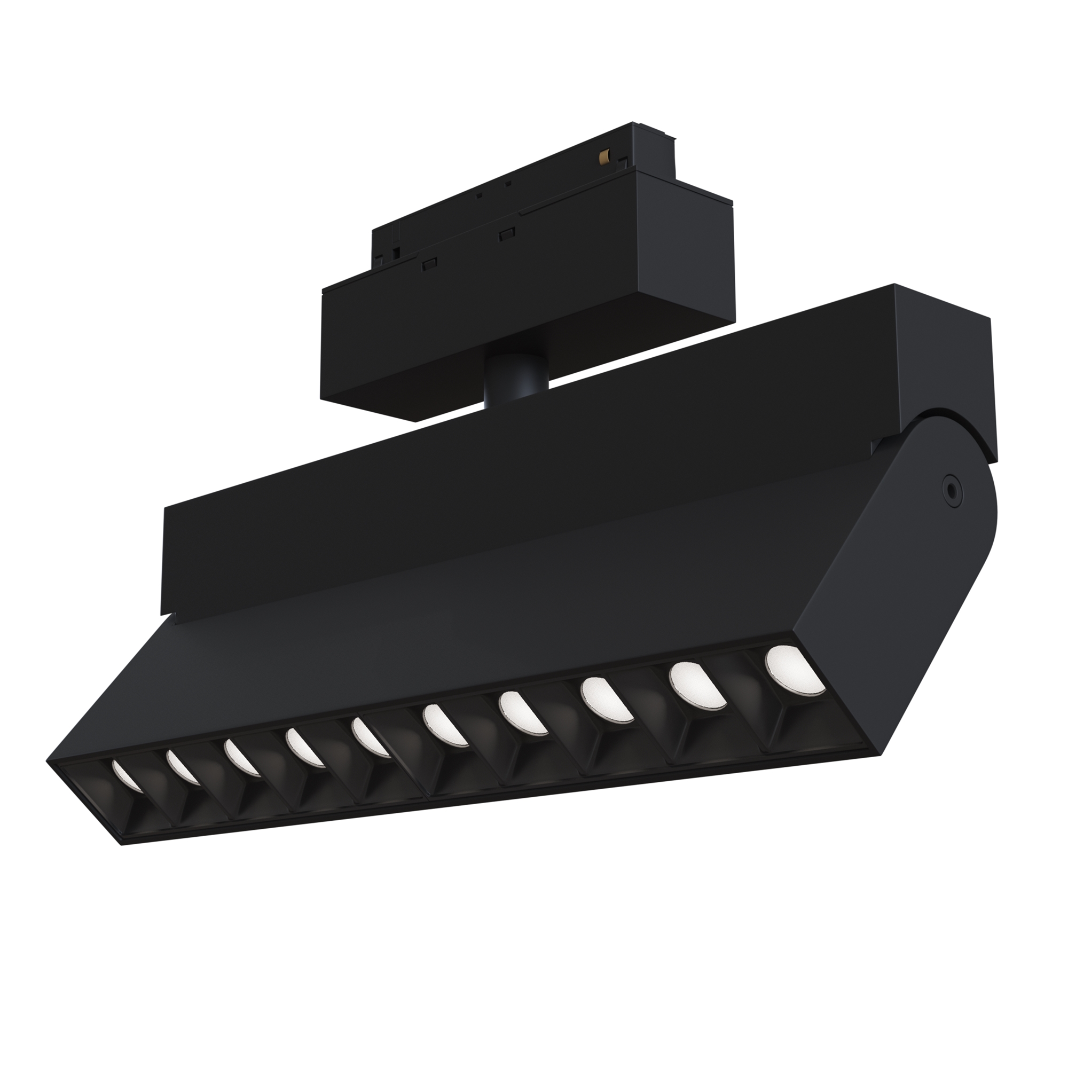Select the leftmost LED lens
tap(126, 775)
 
